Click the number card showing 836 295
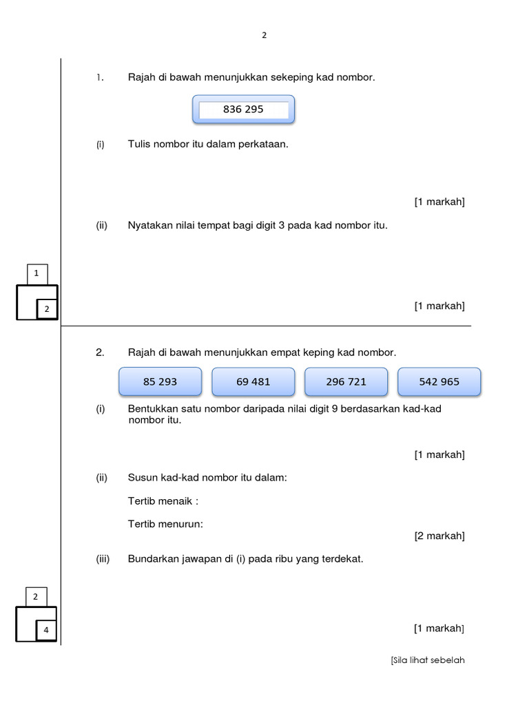coord(243,110)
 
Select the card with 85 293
coord(160,382)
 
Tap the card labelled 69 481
coord(253,382)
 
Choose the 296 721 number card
coord(346,382)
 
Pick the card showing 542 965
coord(439,382)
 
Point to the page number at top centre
coord(264,36)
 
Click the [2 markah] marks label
coord(439,536)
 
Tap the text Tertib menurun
coord(165,524)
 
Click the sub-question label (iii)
coord(103,559)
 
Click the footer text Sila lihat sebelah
coord(428,660)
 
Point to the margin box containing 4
coord(46,630)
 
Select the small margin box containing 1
coord(37,274)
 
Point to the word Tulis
coord(140,145)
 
